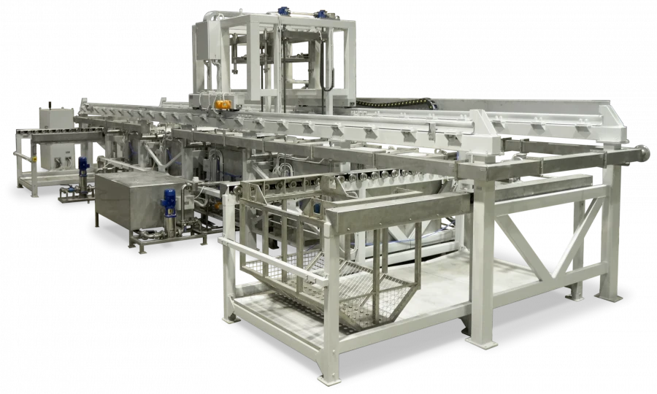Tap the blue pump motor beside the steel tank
pyautogui.click(x=169, y=201)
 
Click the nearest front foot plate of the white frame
pyautogui.click(x=328, y=379)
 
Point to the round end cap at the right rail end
pyautogui.click(x=645, y=154)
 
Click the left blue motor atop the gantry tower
pyautogui.click(x=283, y=12)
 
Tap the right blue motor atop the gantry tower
pyautogui.click(x=322, y=13)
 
